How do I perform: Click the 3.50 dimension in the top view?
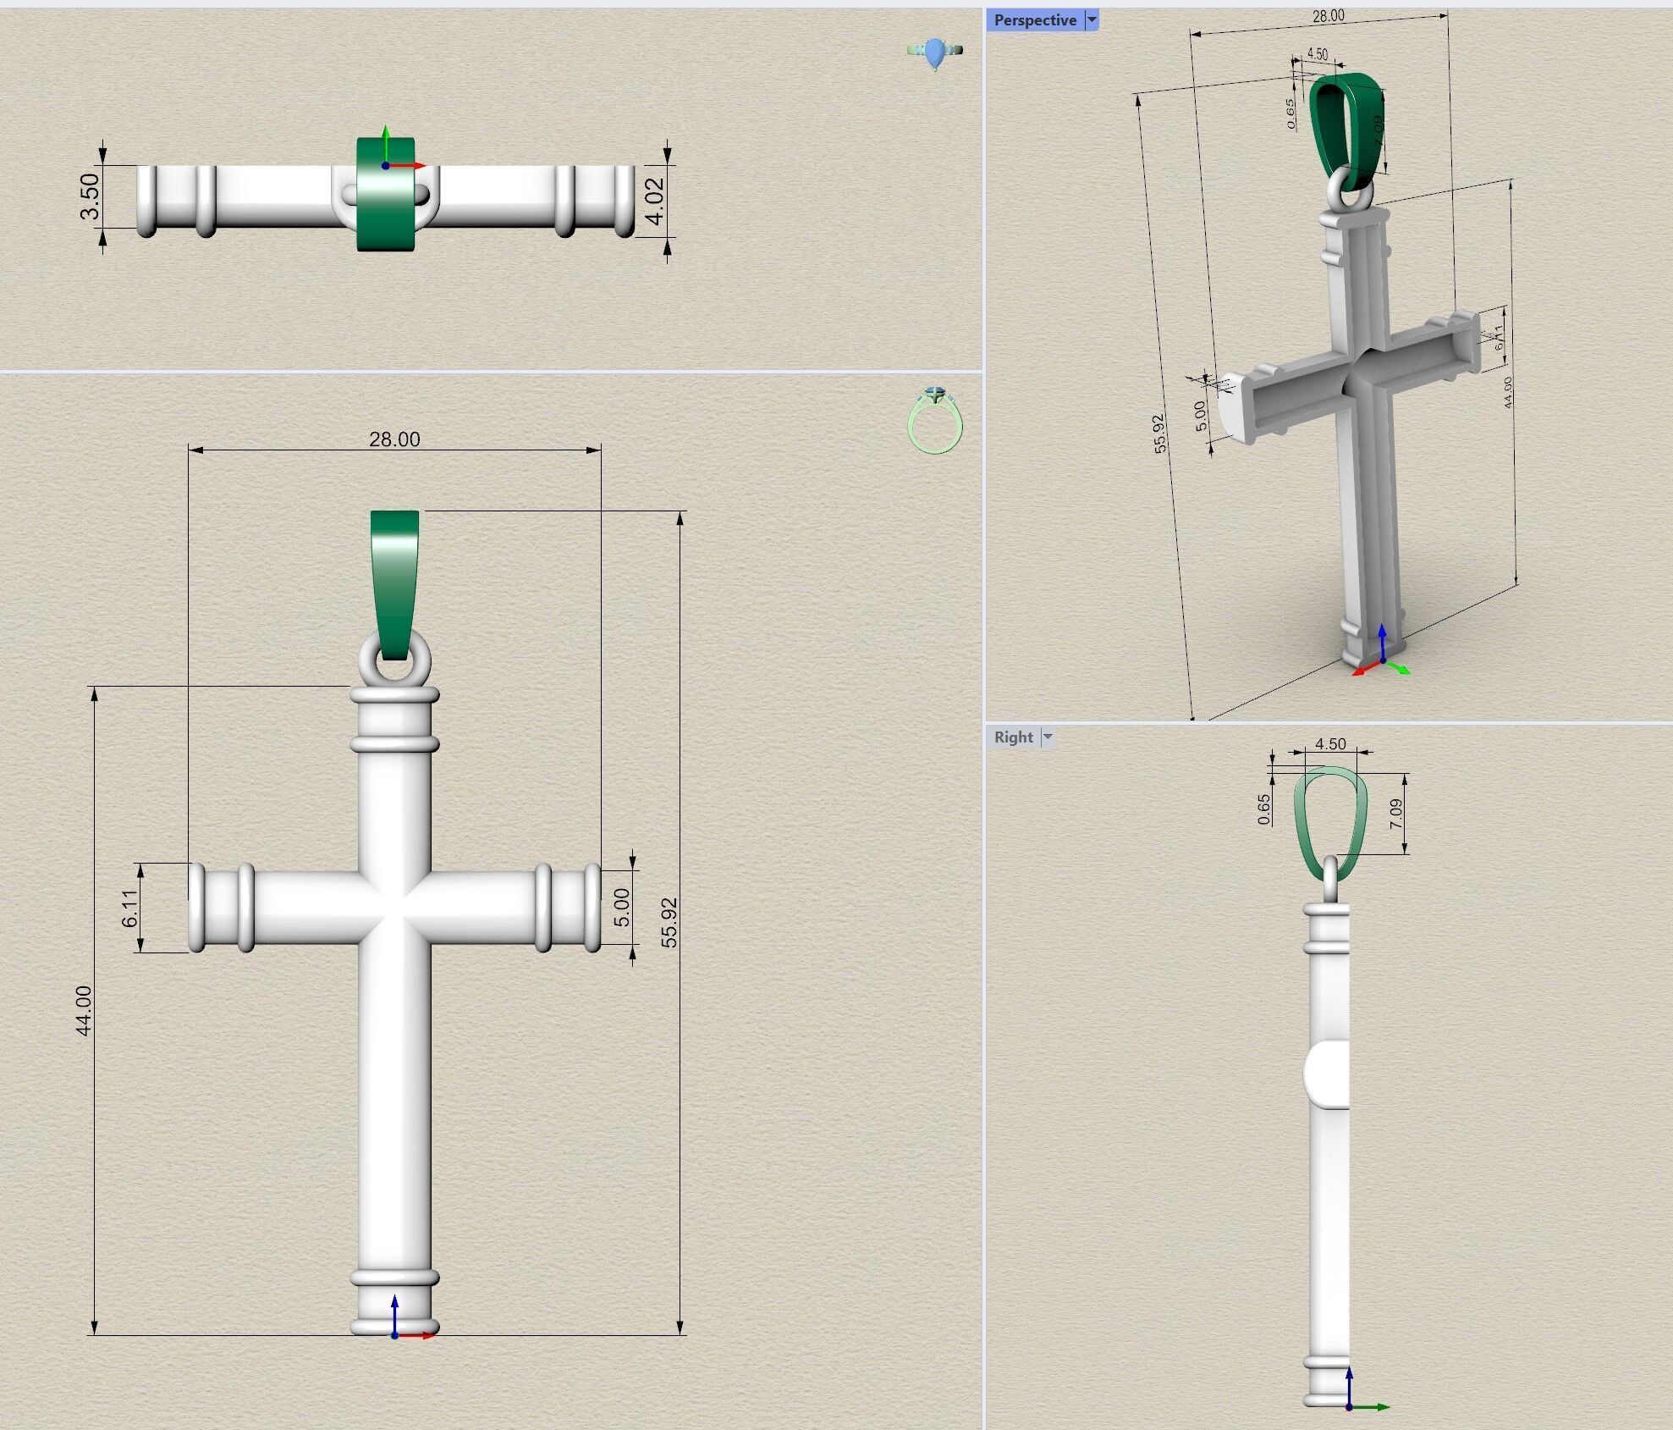(90, 196)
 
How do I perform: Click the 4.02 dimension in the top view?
(655, 202)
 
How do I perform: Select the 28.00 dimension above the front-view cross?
(394, 439)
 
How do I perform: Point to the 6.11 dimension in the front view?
(129, 908)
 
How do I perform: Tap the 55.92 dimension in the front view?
(669, 922)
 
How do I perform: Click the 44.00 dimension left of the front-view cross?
(83, 1010)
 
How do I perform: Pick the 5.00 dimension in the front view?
(622, 907)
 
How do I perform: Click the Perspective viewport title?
(1035, 20)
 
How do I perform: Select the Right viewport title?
(1013, 737)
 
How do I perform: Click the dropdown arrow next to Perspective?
(1092, 20)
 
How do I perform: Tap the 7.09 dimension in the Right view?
(1395, 813)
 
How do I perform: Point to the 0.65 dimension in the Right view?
(1263, 809)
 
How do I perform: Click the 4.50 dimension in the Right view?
(1330, 743)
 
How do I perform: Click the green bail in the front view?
(394, 576)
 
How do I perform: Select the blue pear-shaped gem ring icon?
(934, 53)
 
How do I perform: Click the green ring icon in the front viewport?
(934, 421)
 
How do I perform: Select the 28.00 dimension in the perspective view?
(1328, 16)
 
